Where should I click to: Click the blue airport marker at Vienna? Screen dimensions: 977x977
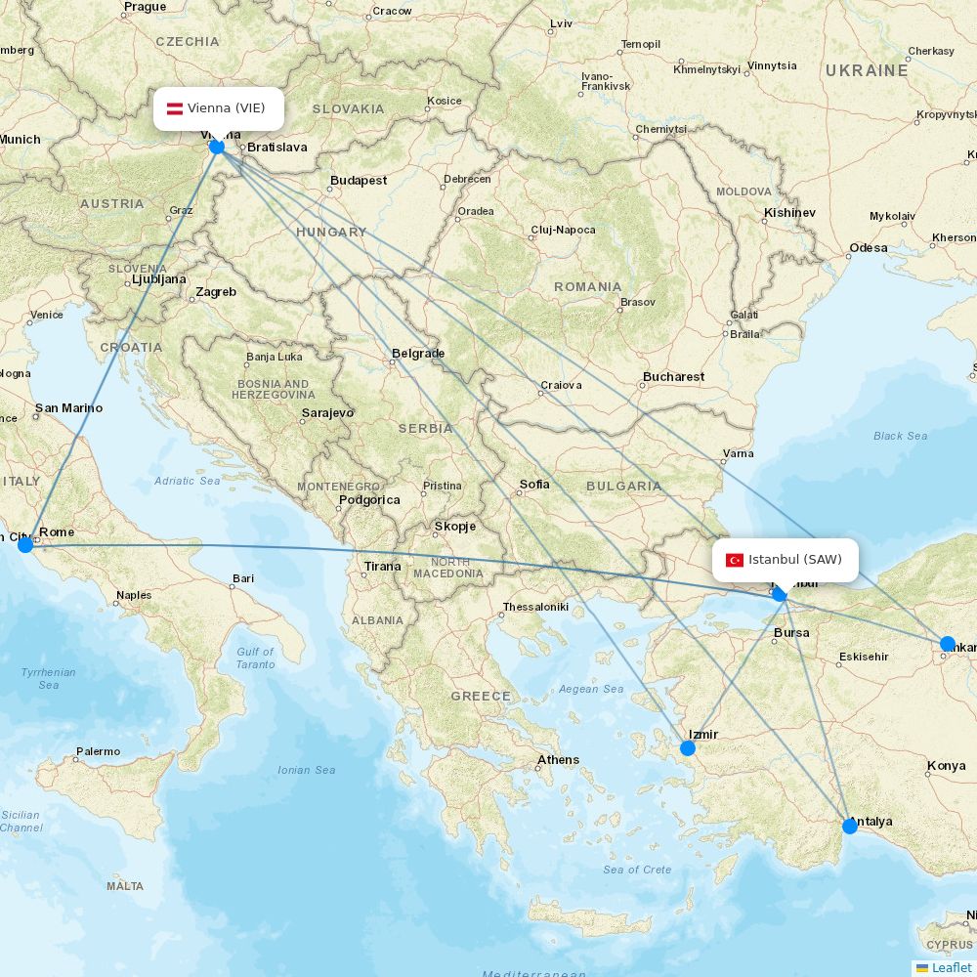(217, 147)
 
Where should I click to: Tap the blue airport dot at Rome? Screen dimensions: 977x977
(25, 544)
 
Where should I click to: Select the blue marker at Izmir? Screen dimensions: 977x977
(688, 748)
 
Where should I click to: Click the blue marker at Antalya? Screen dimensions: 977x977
(850, 826)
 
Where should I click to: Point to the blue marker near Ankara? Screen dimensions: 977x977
(947, 644)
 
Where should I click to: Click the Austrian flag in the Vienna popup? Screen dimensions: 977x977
(175, 108)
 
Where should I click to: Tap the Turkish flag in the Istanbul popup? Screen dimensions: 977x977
(735, 560)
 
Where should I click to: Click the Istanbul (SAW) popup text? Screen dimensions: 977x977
(794, 560)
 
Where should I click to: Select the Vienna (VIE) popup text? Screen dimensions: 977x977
(226, 108)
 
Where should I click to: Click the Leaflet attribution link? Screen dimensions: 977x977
(951, 967)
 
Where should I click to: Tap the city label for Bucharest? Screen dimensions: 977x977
(673, 376)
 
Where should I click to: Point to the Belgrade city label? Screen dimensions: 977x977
(418, 353)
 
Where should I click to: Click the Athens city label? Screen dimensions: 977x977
(558, 759)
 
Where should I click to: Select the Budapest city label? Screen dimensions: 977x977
(359, 180)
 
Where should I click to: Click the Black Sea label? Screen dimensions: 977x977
(900, 436)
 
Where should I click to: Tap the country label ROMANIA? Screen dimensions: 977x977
(587, 286)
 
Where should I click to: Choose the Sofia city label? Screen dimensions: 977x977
(534, 484)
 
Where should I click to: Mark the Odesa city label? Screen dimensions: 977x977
(868, 247)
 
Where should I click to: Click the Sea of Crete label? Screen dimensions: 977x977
(637, 870)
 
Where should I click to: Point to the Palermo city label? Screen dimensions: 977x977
(98, 751)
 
